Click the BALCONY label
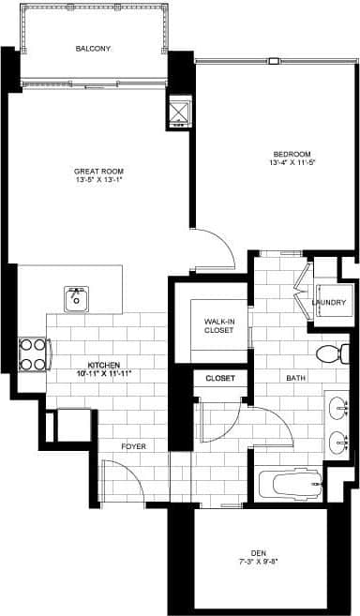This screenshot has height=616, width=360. [x=94, y=48]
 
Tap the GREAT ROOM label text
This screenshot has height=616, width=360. [x=99, y=171]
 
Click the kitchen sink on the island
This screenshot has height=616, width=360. [x=76, y=299]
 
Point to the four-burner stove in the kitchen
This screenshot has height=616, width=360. [x=33, y=353]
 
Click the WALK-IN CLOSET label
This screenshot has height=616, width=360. [x=218, y=325]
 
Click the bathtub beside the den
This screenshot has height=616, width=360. [x=291, y=486]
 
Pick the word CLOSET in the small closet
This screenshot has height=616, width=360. [x=219, y=379]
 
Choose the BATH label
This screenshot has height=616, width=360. [x=296, y=379]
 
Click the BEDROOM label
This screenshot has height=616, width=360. [x=292, y=154]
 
